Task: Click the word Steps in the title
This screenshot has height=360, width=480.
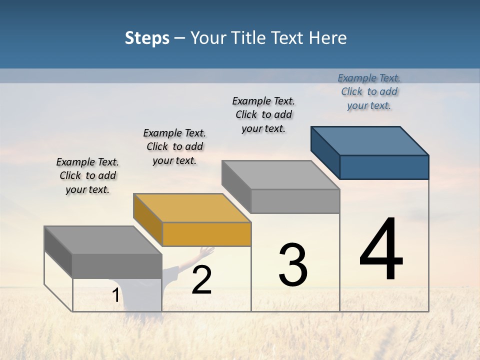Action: [x=147, y=38]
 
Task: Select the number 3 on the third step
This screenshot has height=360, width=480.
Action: [x=293, y=264]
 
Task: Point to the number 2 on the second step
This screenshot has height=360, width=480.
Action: [x=201, y=280]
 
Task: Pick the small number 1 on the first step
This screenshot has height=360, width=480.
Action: [x=115, y=295]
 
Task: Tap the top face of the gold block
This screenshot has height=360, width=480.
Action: [x=191, y=207]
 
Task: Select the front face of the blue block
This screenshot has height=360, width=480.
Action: [x=384, y=167]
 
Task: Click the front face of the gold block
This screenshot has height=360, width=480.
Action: [x=206, y=234]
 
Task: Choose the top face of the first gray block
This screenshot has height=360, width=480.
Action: [x=102, y=240]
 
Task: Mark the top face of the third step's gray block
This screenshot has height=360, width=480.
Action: [x=280, y=174]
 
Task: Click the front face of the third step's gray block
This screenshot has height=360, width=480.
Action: [x=295, y=201]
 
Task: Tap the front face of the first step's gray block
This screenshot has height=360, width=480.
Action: [x=117, y=265]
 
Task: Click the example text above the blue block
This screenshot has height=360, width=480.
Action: [x=369, y=91]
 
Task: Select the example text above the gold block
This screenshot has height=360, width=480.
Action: [x=174, y=146]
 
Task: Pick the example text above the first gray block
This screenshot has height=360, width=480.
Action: [x=87, y=175]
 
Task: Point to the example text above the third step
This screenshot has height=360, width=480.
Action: [x=263, y=114]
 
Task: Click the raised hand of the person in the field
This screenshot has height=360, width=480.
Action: [x=205, y=250]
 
